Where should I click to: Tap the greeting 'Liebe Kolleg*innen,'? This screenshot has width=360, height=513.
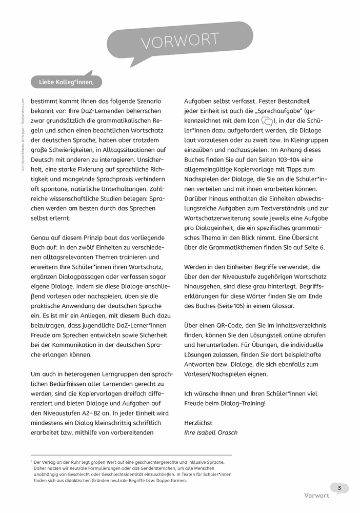coord(67,82)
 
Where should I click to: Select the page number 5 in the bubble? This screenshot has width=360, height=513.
coord(339,487)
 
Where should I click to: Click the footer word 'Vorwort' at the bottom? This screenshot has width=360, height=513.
coord(316,496)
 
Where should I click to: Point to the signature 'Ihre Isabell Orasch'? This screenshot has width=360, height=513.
coord(211,432)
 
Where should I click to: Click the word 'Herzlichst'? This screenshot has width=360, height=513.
coord(198,423)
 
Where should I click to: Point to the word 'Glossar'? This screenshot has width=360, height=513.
coord(297,306)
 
